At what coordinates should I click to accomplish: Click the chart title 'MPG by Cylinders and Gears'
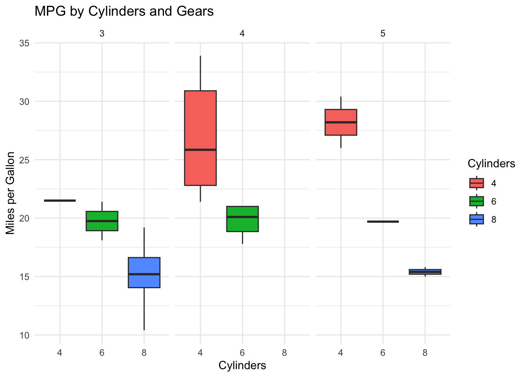click(124, 11)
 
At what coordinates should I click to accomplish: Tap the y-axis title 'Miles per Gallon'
click(11, 193)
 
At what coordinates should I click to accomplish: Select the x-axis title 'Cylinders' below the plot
click(242, 365)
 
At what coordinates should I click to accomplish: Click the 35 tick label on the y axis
click(24, 43)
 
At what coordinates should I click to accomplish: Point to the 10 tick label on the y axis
click(24, 335)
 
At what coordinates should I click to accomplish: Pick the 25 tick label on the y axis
click(24, 160)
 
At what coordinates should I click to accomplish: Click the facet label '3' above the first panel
click(102, 34)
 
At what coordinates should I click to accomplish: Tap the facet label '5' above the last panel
click(383, 34)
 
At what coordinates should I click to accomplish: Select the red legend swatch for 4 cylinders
click(476, 183)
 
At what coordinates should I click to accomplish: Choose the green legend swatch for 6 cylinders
click(476, 201)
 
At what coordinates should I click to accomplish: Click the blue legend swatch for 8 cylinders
click(476, 219)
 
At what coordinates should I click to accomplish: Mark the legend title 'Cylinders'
click(491, 164)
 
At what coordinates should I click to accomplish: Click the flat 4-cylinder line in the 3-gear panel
click(60, 201)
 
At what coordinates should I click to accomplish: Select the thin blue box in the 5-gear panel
click(425, 272)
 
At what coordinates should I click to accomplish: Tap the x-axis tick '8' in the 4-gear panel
click(284, 353)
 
